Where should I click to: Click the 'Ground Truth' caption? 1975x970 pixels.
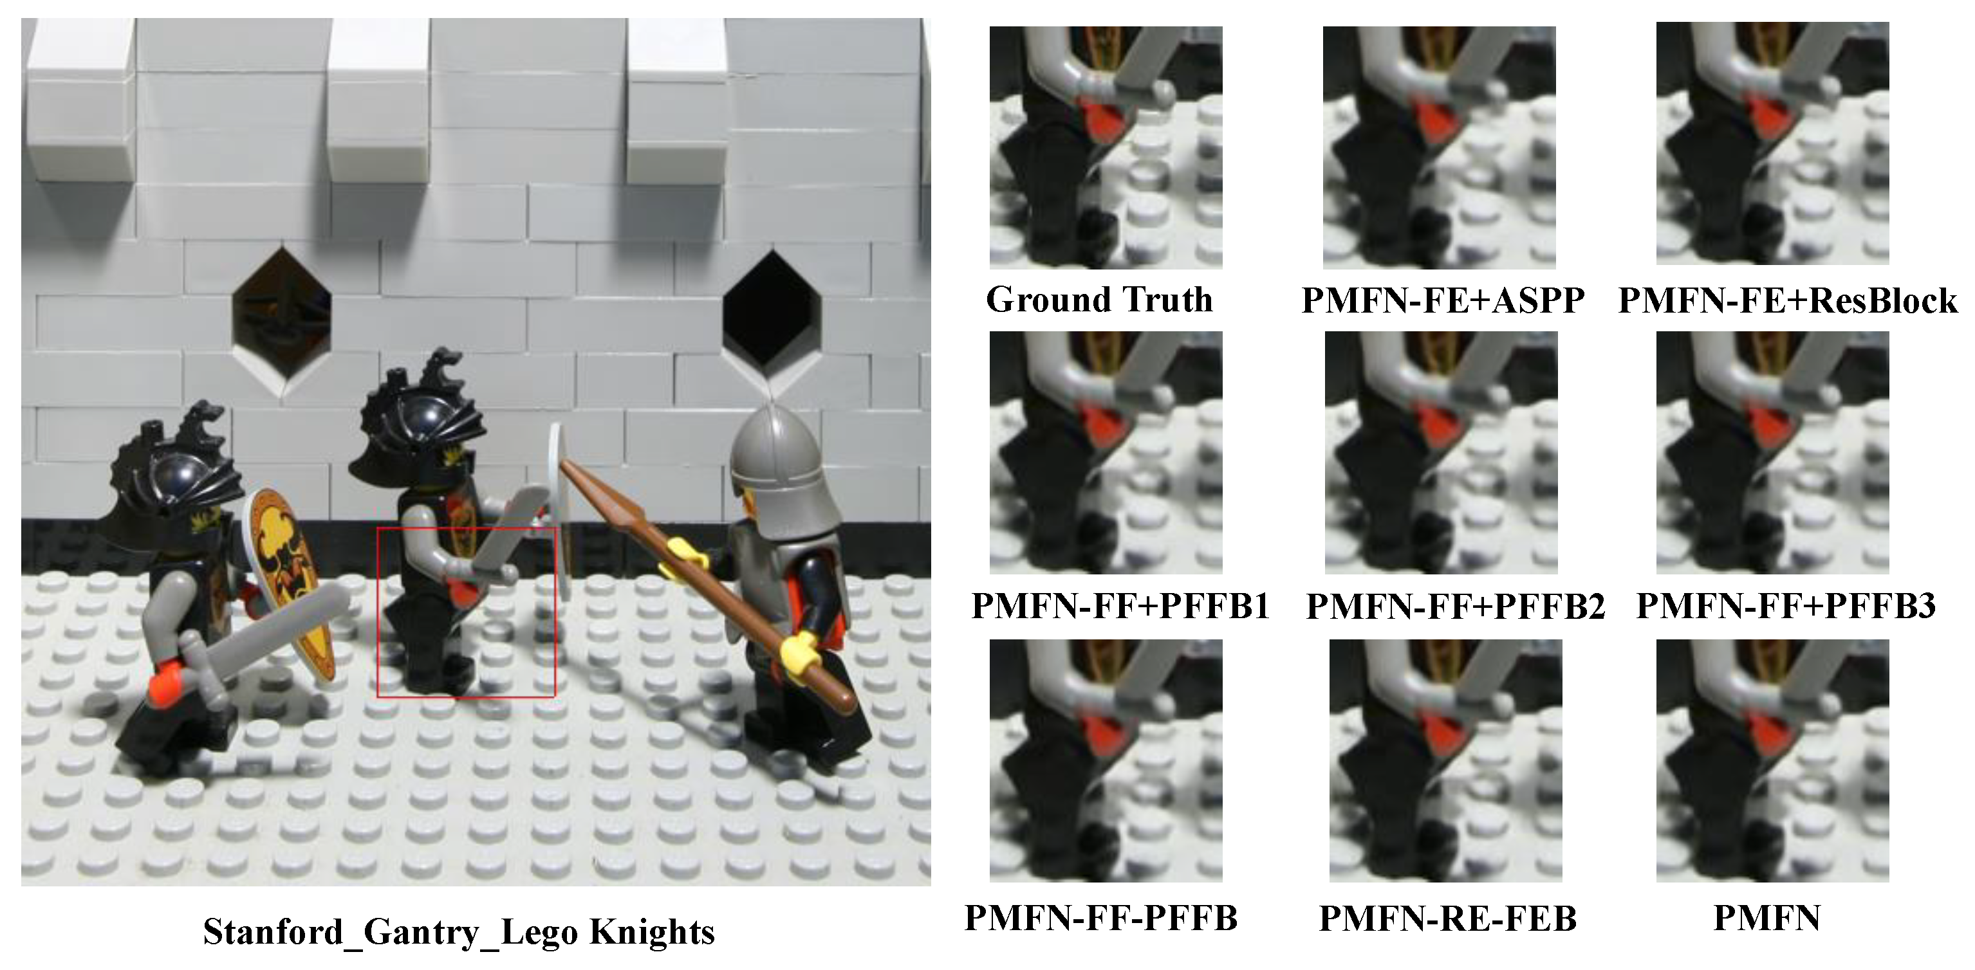[1099, 300]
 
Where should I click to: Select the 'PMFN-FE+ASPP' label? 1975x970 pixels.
[1443, 300]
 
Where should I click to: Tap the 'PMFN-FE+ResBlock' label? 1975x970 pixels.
[1788, 300]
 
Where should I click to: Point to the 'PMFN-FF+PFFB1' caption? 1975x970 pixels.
[1120, 605]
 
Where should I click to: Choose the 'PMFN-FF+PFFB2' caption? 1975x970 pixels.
[1455, 606]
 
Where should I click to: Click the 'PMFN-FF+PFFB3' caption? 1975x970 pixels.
[1786, 605]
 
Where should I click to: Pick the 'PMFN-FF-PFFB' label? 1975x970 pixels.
[1101, 917]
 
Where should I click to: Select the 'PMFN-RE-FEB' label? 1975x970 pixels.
[1447, 918]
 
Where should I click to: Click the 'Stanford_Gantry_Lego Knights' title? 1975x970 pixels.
[458, 931]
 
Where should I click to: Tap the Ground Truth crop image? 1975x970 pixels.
[1106, 147]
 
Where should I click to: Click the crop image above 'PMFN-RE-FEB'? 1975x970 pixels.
[1445, 760]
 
